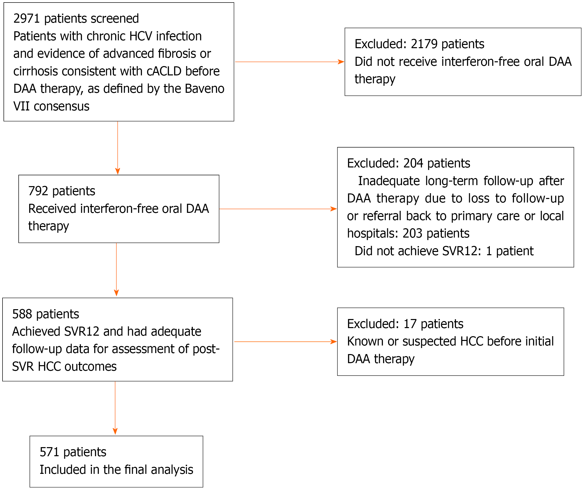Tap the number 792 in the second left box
point(38,191)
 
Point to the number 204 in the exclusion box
point(413,163)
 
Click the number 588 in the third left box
point(22,314)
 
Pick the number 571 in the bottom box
point(49,452)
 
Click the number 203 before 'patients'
point(412,234)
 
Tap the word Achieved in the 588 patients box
point(36,332)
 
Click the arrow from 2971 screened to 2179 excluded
point(290,62)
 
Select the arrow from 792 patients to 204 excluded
point(278,209)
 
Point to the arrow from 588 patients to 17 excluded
point(286,341)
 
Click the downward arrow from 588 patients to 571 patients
point(115,408)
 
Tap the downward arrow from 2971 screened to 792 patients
point(118,148)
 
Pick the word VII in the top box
point(21,106)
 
